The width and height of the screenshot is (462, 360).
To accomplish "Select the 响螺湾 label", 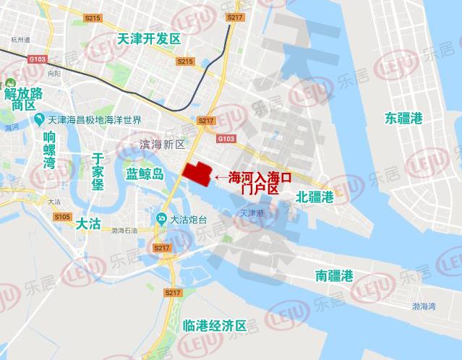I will point(49,150).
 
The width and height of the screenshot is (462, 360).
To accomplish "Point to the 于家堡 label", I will point(98,171).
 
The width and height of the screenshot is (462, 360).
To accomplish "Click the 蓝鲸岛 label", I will point(145,174).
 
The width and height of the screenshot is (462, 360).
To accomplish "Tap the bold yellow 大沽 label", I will point(87,225).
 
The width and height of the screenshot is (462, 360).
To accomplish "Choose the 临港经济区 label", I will point(215,325).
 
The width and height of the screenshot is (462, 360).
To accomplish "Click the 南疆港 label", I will point(334,275).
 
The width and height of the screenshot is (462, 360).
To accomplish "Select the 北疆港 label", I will point(315,196).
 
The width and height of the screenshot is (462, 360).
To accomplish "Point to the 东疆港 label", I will point(403,118).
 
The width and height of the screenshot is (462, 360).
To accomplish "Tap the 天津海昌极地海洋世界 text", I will point(95,120).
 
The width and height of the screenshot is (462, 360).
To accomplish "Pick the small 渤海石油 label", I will point(124,231).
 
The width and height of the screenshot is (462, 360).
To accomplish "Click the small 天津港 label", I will point(253,213).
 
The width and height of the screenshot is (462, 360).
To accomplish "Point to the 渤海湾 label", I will point(424,307).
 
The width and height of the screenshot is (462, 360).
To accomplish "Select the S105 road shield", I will point(61,217).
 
